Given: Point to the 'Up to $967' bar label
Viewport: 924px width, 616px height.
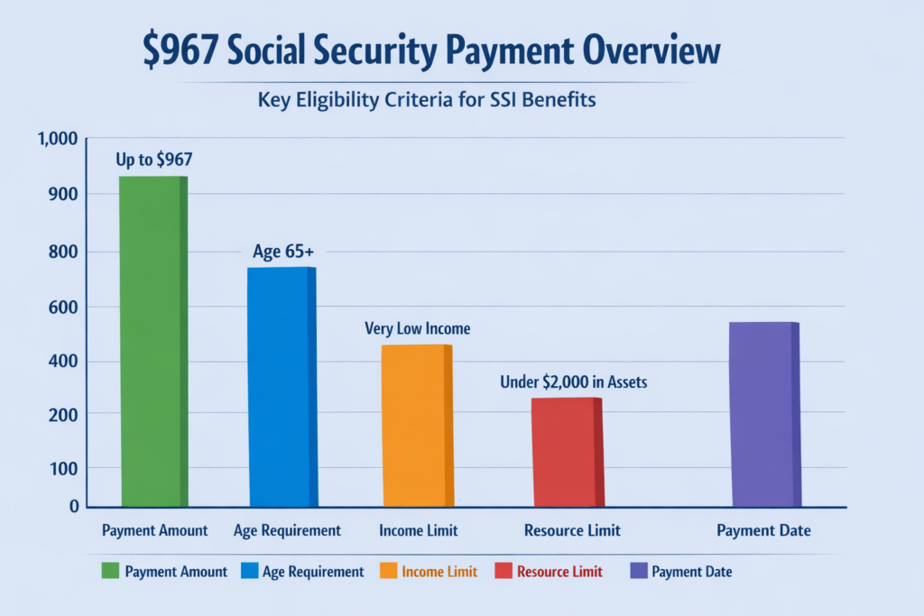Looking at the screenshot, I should [x=153, y=161].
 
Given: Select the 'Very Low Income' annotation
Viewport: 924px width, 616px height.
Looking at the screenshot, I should [x=417, y=328].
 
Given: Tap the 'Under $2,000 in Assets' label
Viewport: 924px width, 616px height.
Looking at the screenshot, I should [x=573, y=382].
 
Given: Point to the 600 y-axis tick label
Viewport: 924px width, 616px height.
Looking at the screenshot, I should [x=67, y=308].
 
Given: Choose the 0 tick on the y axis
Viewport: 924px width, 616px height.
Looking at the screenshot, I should [x=75, y=507].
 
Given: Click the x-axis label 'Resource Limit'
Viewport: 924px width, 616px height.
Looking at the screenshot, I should [x=572, y=530].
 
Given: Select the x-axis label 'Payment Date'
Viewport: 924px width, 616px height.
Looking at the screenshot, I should [x=763, y=530].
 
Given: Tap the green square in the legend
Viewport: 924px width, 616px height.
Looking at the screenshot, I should [x=111, y=571].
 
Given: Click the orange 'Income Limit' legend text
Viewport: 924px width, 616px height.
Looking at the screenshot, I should [x=439, y=571].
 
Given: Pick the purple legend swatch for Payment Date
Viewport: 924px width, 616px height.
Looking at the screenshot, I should [x=638, y=571].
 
